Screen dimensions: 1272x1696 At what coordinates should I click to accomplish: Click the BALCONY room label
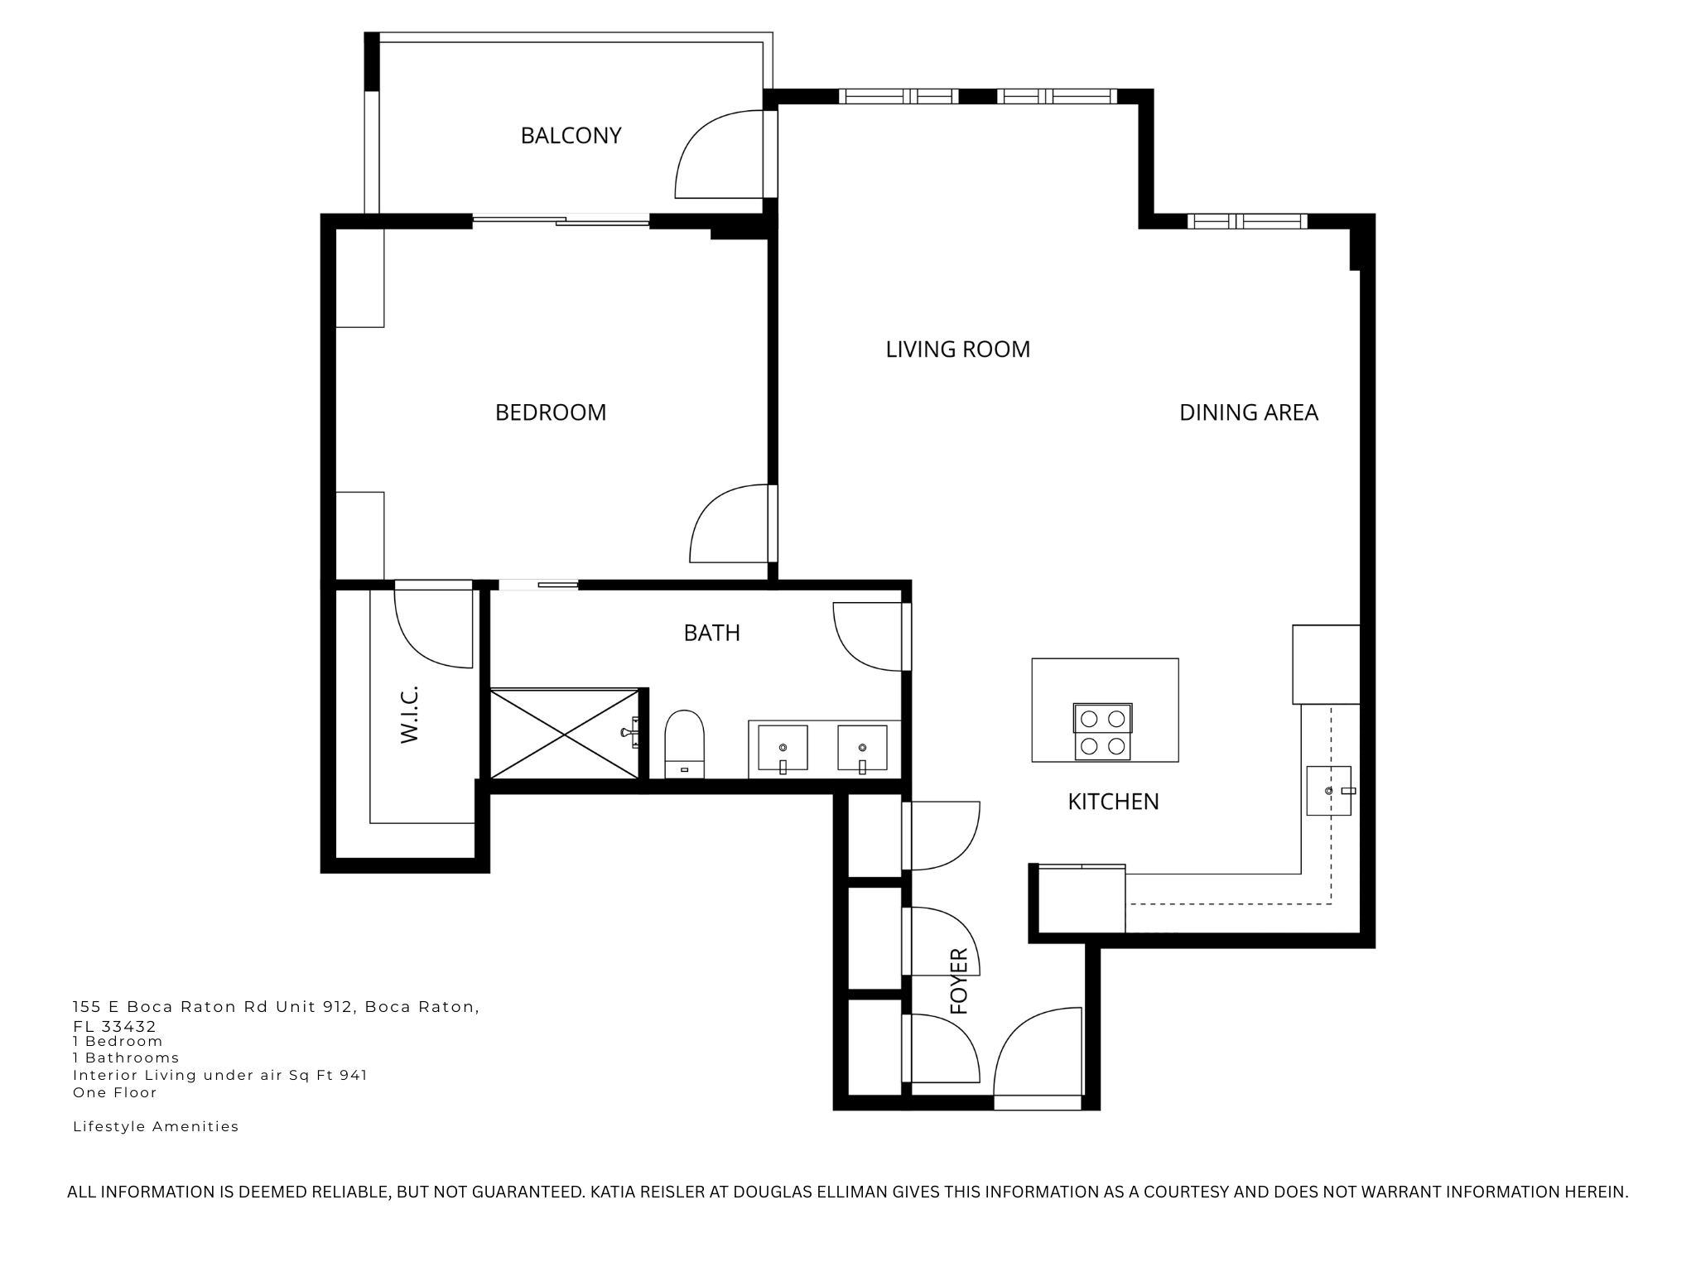pyautogui.click(x=571, y=135)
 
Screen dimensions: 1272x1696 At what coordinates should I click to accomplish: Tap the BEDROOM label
pyautogui.click(x=551, y=412)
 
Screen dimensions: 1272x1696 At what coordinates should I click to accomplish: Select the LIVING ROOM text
pyautogui.click(x=957, y=349)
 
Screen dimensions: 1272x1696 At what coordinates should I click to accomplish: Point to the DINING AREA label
pyautogui.click(x=1248, y=412)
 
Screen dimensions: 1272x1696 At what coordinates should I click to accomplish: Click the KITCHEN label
pyautogui.click(x=1113, y=802)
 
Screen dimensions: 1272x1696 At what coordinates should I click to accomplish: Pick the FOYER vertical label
pyautogui.click(x=959, y=981)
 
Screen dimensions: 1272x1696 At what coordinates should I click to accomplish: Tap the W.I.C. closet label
pyautogui.click(x=410, y=714)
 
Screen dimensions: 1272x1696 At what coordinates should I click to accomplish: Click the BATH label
pyautogui.click(x=711, y=633)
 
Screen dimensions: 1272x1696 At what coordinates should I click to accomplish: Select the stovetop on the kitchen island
pyautogui.click(x=1102, y=731)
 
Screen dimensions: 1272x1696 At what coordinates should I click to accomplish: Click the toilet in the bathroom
pyautogui.click(x=684, y=743)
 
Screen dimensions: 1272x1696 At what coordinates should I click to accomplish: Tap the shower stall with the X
pyautogui.click(x=565, y=734)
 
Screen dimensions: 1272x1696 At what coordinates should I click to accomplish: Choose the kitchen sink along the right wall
pyautogui.click(x=1328, y=791)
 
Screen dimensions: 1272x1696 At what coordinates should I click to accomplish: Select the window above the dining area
pyautogui.click(x=1246, y=221)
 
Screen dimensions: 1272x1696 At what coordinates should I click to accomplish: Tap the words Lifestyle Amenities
pyautogui.click(x=156, y=1126)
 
